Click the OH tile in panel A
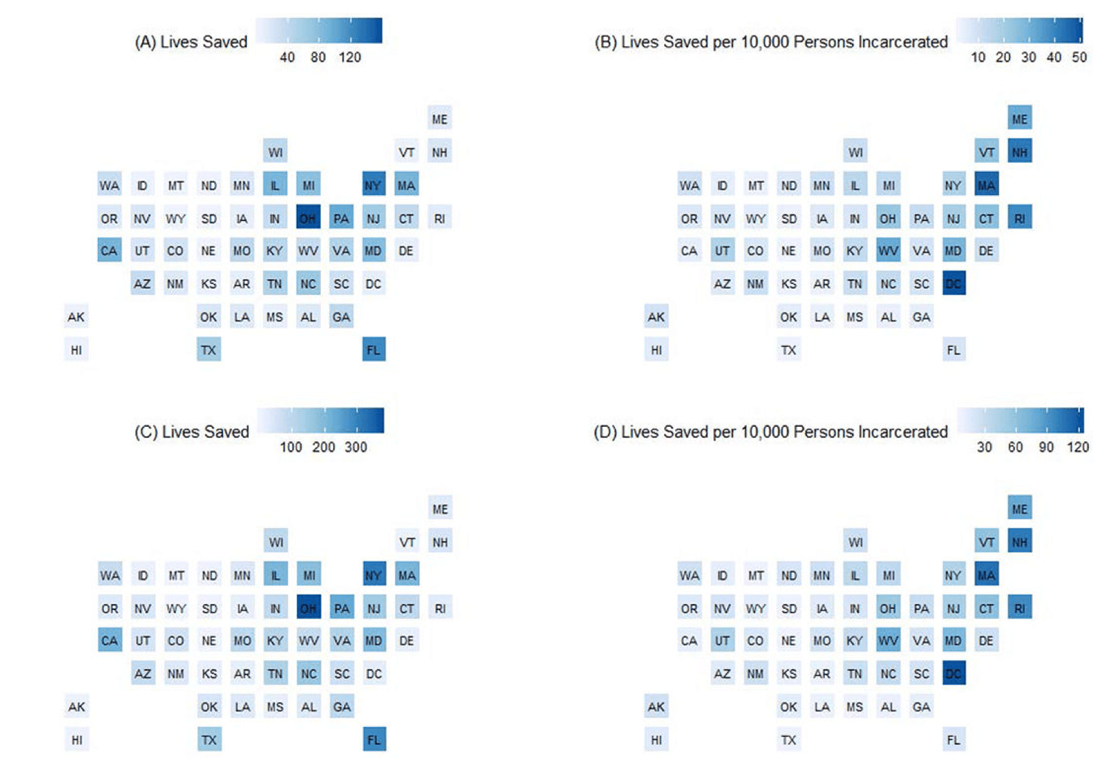pyautogui.click(x=308, y=218)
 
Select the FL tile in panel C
pyautogui.click(x=374, y=739)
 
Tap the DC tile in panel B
pyautogui.click(x=953, y=283)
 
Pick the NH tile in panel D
pyautogui.click(x=1020, y=542)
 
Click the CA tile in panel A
pyautogui.click(x=109, y=250)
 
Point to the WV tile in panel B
pyautogui.click(x=888, y=250)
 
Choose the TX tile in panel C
pyautogui.click(x=209, y=739)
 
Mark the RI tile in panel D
pyautogui.click(x=1020, y=608)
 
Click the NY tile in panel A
pyautogui.click(x=373, y=185)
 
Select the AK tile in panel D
pyautogui.click(x=656, y=707)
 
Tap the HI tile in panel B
pyautogui.click(x=656, y=350)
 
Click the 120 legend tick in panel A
pyautogui.click(x=350, y=57)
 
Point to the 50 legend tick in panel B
pyautogui.click(x=1079, y=57)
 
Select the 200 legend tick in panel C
pyautogui.click(x=323, y=447)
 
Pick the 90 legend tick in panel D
pyautogui.click(x=1046, y=447)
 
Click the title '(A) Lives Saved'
pyautogui.click(x=191, y=42)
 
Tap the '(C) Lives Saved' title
pyautogui.click(x=191, y=432)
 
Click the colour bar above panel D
pyautogui.click(x=1020, y=420)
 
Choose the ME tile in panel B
pyautogui.click(x=1020, y=118)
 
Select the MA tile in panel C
pyautogui.click(x=407, y=575)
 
